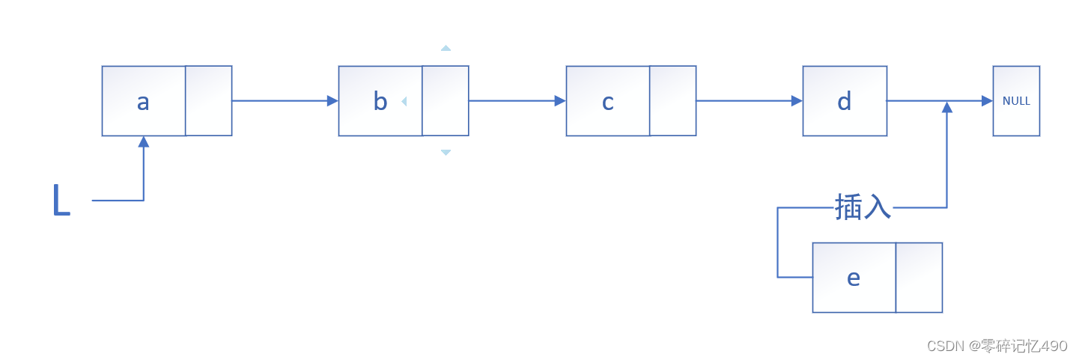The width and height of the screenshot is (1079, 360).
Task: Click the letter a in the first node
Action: click(x=143, y=102)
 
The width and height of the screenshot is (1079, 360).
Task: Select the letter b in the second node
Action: click(x=380, y=102)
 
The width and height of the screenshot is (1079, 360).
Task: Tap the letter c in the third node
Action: click(x=608, y=102)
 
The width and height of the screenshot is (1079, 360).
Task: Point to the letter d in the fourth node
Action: click(x=845, y=102)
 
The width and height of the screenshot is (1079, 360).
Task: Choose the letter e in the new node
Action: click(x=854, y=278)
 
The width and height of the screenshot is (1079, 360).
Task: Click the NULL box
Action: click(x=1016, y=101)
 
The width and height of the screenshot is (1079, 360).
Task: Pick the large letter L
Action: click(x=61, y=201)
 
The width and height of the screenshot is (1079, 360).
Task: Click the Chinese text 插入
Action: click(x=863, y=207)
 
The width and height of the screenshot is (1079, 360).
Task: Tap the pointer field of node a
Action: click(x=209, y=101)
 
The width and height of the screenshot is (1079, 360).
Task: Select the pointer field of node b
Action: click(x=446, y=101)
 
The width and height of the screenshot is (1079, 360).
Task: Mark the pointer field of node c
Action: click(x=673, y=101)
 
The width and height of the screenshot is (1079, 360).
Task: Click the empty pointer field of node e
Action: click(x=919, y=278)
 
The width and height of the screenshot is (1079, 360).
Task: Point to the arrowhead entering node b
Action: click(x=332, y=101)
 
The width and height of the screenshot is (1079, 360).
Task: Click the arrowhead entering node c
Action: click(x=560, y=101)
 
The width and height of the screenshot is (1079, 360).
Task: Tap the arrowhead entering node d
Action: click(x=797, y=101)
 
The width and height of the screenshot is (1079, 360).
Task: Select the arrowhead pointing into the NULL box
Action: click(x=987, y=101)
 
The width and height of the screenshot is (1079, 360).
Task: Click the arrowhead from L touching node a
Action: click(x=143, y=141)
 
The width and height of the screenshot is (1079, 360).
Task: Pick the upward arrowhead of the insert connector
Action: click(x=947, y=107)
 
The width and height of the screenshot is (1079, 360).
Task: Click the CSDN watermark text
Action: click(x=997, y=346)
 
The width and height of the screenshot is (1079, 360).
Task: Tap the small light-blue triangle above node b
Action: click(x=446, y=48)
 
